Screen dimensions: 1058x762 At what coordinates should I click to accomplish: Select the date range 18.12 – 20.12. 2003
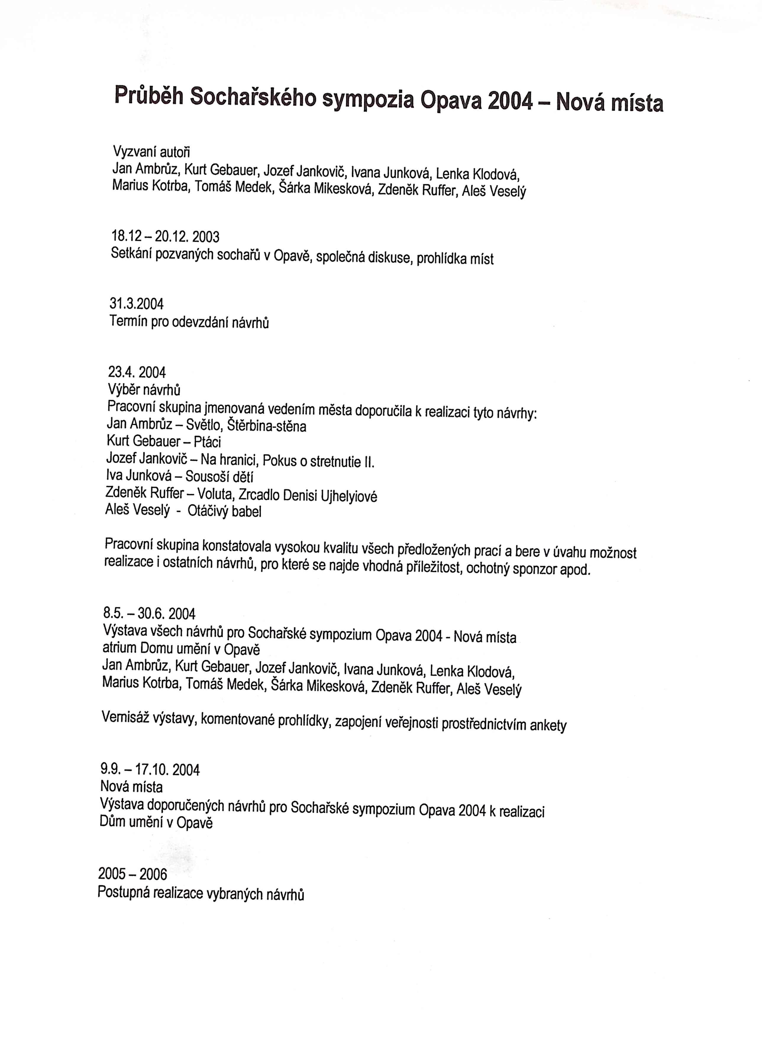coord(165,236)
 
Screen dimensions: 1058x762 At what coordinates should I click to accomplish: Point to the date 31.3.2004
coord(137,304)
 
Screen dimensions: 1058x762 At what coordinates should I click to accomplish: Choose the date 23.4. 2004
coord(137,372)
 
